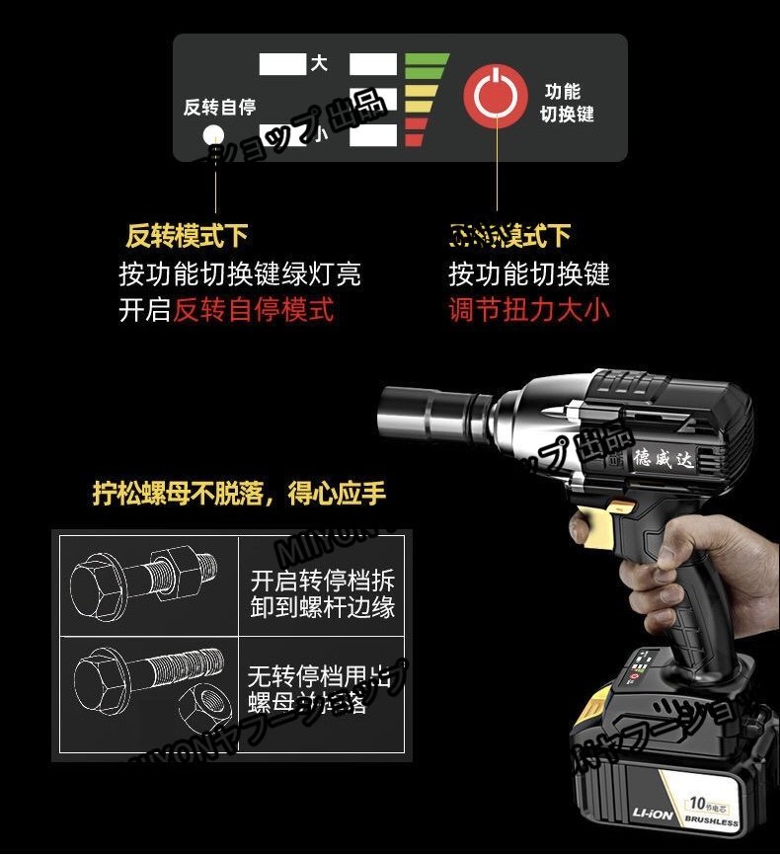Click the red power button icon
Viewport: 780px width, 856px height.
[496, 96]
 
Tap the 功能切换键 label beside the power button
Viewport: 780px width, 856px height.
[567, 103]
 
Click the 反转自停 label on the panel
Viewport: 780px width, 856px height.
[218, 107]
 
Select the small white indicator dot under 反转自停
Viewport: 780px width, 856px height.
[212, 135]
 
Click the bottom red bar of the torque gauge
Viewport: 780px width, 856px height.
[415, 139]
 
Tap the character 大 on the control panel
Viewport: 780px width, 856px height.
[318, 64]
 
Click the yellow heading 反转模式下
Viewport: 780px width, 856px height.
[187, 236]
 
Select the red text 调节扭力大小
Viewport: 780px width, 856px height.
[529, 310]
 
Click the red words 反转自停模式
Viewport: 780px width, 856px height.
[254, 310]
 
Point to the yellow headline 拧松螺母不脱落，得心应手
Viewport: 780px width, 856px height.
[239, 493]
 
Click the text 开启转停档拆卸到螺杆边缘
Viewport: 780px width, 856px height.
[322, 593]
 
